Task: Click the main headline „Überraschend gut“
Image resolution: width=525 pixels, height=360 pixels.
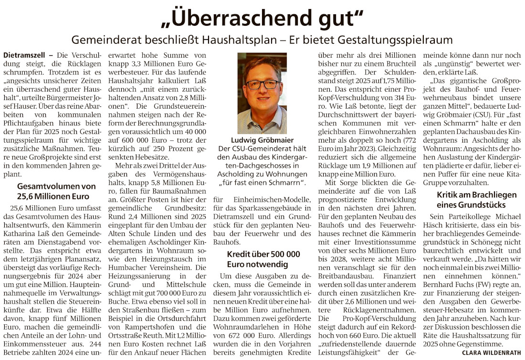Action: pyautogui.click(x=262, y=18)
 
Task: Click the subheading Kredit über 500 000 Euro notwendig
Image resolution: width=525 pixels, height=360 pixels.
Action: pyautogui.click(x=263, y=259)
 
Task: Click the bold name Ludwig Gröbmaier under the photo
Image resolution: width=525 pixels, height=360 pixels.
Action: pyautogui.click(x=262, y=141)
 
